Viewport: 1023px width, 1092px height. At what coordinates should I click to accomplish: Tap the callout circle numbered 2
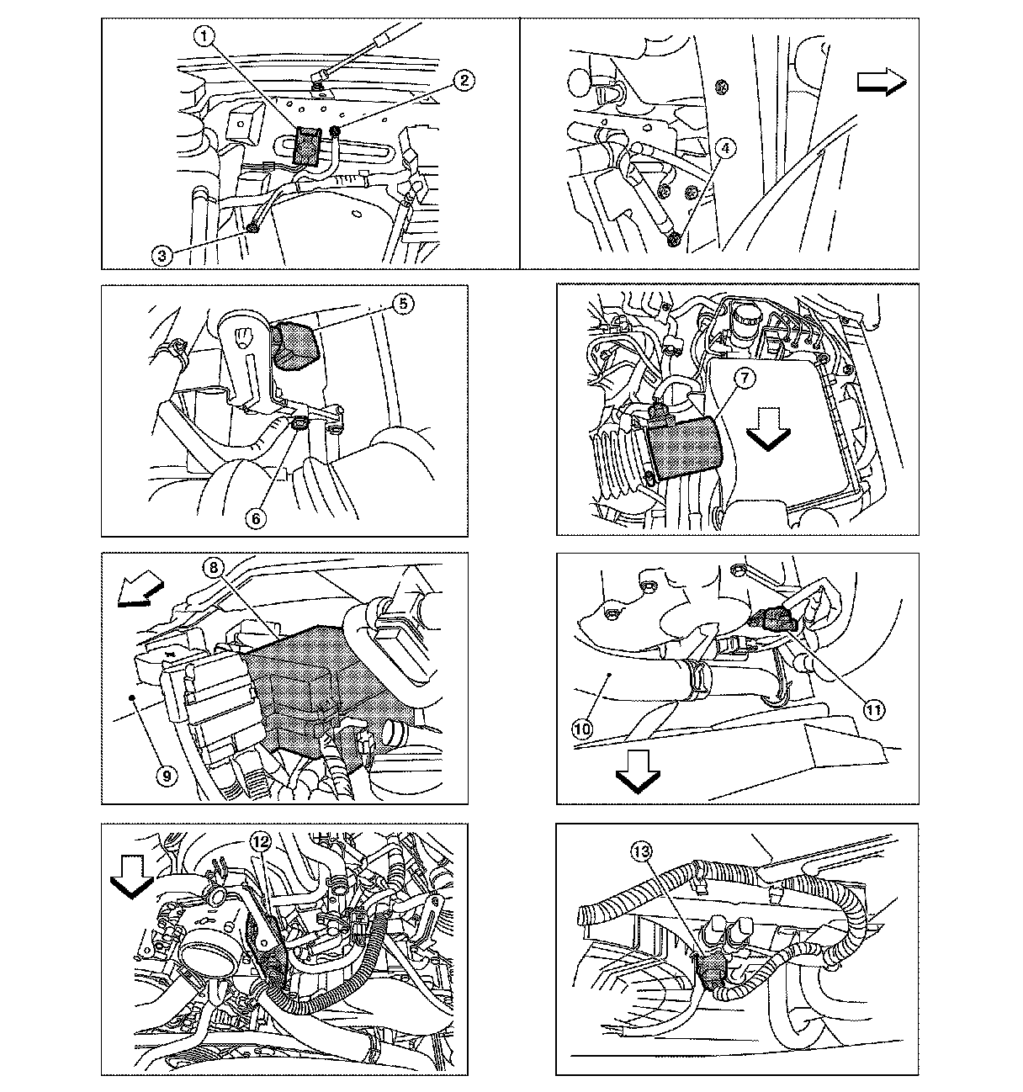click(464, 80)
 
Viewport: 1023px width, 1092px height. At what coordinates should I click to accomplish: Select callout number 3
click(166, 254)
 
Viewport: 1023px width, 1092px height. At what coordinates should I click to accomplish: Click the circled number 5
click(404, 304)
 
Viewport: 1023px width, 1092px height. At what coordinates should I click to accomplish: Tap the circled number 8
click(215, 568)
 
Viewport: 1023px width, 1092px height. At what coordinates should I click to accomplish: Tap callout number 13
click(642, 852)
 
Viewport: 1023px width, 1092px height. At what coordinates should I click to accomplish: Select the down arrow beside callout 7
click(768, 431)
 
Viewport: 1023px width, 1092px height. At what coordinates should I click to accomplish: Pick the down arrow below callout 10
click(638, 769)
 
